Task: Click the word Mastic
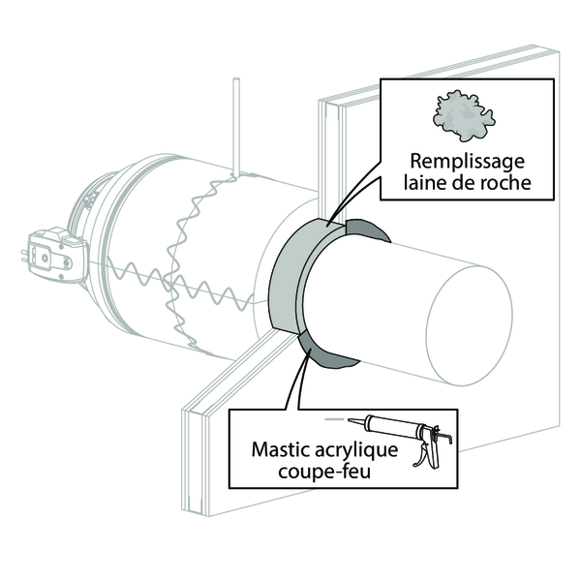click(280, 449)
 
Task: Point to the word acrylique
click(355, 451)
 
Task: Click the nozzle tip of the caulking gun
click(350, 420)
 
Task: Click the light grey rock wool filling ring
click(296, 275)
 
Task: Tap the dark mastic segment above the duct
click(367, 229)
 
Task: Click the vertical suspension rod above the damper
click(236, 127)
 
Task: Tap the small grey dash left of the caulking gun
click(334, 419)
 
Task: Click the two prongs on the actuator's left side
click(24, 256)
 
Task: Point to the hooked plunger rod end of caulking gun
click(447, 437)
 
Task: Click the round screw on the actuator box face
click(45, 258)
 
